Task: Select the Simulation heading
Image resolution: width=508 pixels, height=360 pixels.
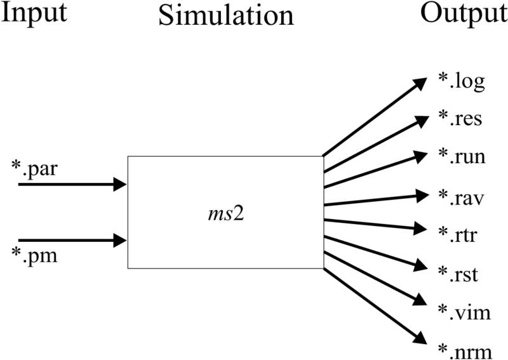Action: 225,15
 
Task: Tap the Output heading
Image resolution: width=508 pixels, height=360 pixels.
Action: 464,13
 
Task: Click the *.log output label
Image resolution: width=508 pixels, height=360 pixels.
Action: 462,82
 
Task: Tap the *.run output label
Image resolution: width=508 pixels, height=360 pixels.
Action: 462,156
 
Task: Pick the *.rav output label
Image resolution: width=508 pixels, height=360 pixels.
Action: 461,196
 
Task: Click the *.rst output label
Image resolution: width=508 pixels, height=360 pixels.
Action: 458,275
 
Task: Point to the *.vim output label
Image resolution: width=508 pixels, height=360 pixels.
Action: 464,312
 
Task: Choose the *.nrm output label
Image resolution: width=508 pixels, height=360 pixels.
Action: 464,350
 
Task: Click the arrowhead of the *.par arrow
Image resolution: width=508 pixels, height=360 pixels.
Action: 121,184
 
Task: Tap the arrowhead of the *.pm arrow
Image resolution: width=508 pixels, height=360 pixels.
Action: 121,241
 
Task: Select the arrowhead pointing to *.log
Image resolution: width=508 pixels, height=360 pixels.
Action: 422,83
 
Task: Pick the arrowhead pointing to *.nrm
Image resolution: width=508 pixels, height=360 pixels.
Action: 422,340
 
